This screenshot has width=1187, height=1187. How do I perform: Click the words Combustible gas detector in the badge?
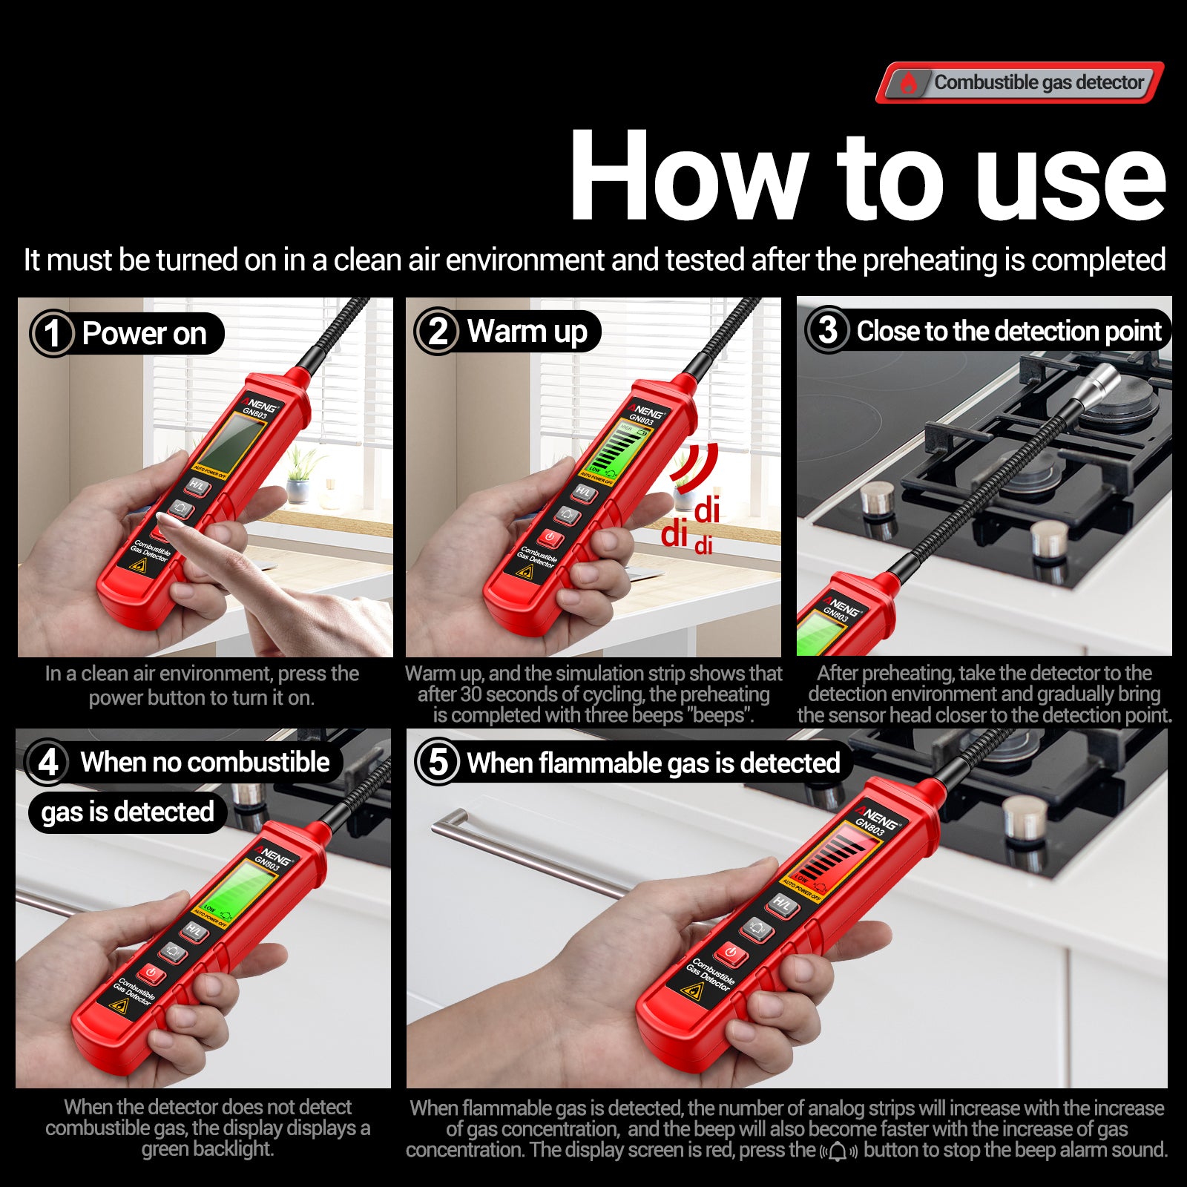point(1039,82)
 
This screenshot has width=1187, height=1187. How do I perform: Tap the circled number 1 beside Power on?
point(53,333)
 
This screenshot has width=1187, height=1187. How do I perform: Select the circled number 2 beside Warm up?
point(438,331)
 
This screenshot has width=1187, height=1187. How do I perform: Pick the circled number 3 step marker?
point(827,330)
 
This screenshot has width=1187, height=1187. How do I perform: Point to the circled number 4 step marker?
point(48,762)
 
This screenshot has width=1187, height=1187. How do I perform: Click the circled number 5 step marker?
point(438,762)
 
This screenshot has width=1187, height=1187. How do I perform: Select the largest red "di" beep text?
point(674,533)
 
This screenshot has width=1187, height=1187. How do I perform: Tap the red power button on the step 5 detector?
point(731,953)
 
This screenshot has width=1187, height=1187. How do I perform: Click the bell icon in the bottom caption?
point(838,1151)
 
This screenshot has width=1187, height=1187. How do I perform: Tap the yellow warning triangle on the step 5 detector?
point(692,992)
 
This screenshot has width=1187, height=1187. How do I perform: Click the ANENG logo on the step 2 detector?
point(648,410)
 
